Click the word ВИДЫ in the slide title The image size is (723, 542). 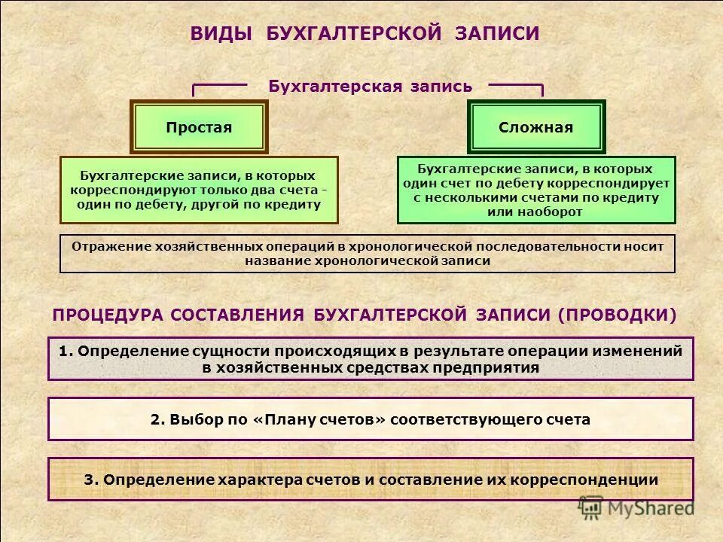click(221, 35)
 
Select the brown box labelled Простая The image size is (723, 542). click(199, 127)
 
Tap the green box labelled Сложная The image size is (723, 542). click(535, 127)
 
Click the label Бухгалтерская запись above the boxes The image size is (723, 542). click(371, 87)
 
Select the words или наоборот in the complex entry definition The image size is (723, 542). click(535, 212)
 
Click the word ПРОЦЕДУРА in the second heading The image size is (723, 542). click(106, 315)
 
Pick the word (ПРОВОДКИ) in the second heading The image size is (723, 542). click(617, 315)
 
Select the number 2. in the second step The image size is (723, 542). click(157, 419)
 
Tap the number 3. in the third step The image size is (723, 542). click(91, 480)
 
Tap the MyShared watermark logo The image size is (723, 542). click(636, 507)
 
